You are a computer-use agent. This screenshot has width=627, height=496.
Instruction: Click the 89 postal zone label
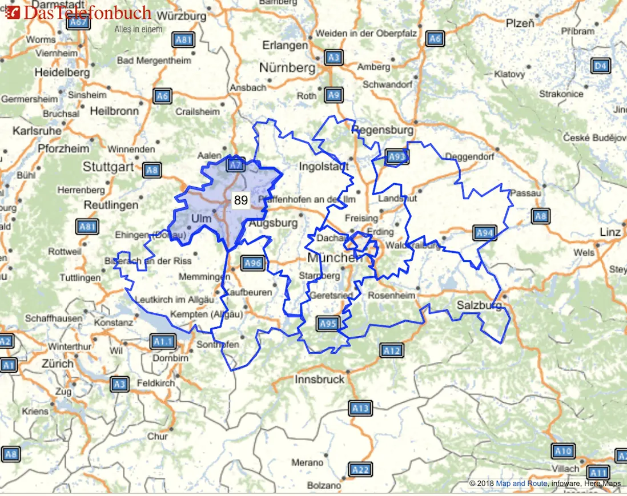241,200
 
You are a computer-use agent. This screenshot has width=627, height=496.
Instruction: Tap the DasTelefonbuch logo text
87,13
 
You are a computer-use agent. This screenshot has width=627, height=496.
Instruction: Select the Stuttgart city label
108,167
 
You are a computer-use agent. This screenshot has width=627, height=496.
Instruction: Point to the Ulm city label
201,219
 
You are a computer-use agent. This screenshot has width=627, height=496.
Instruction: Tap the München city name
335,258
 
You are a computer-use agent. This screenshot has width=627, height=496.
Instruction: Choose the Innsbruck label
320,379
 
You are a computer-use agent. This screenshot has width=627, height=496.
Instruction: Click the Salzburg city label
479,306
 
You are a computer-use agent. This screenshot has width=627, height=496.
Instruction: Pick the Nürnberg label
287,68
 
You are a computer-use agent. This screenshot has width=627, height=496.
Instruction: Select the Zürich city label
58,364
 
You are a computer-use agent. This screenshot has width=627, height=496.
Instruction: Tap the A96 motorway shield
252,263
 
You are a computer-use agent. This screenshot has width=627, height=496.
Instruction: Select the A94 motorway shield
485,232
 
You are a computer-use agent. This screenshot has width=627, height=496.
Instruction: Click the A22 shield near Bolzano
360,470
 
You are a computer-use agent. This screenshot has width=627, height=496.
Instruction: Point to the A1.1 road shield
162,342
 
